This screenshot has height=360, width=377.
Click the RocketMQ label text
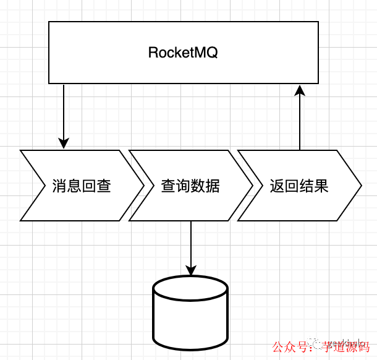tap(183, 53)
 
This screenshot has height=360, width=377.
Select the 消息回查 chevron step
tap(81, 186)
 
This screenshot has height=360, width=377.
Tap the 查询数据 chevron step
tap(190, 186)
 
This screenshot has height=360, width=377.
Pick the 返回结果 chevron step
tap(299, 186)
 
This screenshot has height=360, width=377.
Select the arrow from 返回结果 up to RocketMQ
tap(300, 121)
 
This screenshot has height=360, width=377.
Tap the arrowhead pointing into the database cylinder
tap(190, 270)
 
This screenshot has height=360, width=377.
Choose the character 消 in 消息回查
tap(59, 186)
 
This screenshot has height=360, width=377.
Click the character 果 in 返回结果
tap(321, 186)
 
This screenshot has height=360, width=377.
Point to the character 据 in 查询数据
tap(212, 186)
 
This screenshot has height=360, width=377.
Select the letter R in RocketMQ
tap(153, 53)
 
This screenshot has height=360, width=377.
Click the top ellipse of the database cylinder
tap(190, 288)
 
